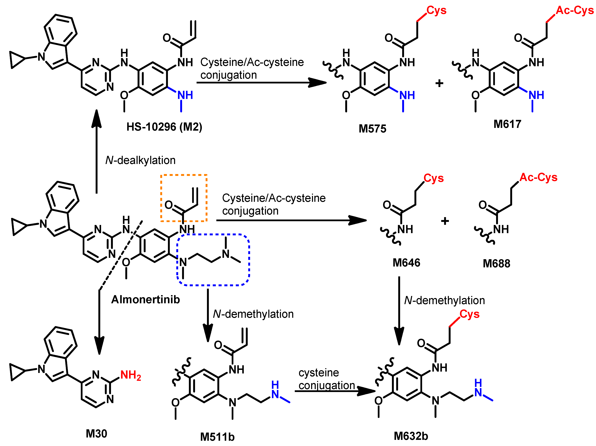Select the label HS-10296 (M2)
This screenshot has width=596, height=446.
(x=164, y=127)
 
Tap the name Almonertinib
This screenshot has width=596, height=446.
(x=145, y=299)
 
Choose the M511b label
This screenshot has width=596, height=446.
(x=217, y=437)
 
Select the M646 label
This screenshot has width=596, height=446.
(x=406, y=263)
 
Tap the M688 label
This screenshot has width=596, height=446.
(x=496, y=263)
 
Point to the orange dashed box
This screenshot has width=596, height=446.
(x=184, y=175)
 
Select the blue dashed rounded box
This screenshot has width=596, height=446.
(x=213, y=285)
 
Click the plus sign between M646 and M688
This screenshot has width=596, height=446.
(x=445, y=221)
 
